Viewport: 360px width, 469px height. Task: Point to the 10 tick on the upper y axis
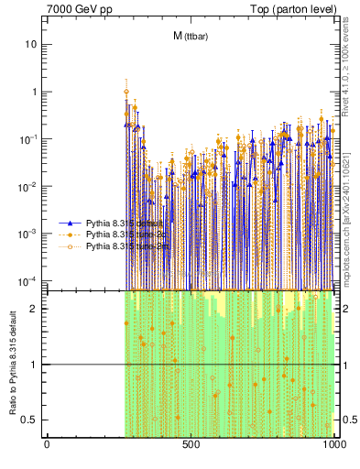(x=32, y=44)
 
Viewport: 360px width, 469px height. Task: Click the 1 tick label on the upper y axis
(x=35, y=92)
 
